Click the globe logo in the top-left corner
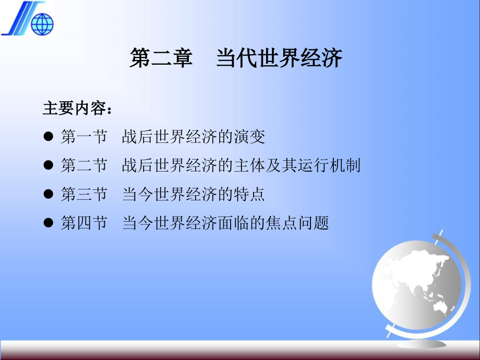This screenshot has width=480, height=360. pyautogui.click(x=42, y=24)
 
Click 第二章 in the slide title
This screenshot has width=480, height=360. pyautogui.click(x=161, y=58)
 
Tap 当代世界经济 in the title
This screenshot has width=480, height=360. pyautogui.click(x=279, y=58)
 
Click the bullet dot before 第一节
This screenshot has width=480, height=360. pyautogui.click(x=49, y=136)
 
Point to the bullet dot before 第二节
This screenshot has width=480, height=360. pyautogui.click(x=49, y=165)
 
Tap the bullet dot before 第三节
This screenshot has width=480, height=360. pyautogui.click(x=49, y=194)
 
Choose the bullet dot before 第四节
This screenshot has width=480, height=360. pyautogui.click(x=49, y=222)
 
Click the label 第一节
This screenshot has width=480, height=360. pyautogui.click(x=84, y=136)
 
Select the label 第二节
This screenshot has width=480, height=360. pyautogui.click(x=84, y=165)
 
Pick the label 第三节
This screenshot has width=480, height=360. pyautogui.click(x=84, y=194)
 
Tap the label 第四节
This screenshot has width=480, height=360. pyautogui.click(x=84, y=223)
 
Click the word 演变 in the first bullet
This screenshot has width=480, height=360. pyautogui.click(x=249, y=136)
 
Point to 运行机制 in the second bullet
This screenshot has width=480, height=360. pyautogui.click(x=329, y=165)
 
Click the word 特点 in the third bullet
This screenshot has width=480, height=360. pyautogui.click(x=249, y=194)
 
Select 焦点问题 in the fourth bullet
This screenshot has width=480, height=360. pyautogui.click(x=297, y=223)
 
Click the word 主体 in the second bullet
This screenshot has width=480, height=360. pyautogui.click(x=249, y=165)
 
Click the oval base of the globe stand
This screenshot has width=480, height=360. pyautogui.click(x=421, y=344)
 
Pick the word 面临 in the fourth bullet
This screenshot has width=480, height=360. pyautogui.click(x=234, y=223)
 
